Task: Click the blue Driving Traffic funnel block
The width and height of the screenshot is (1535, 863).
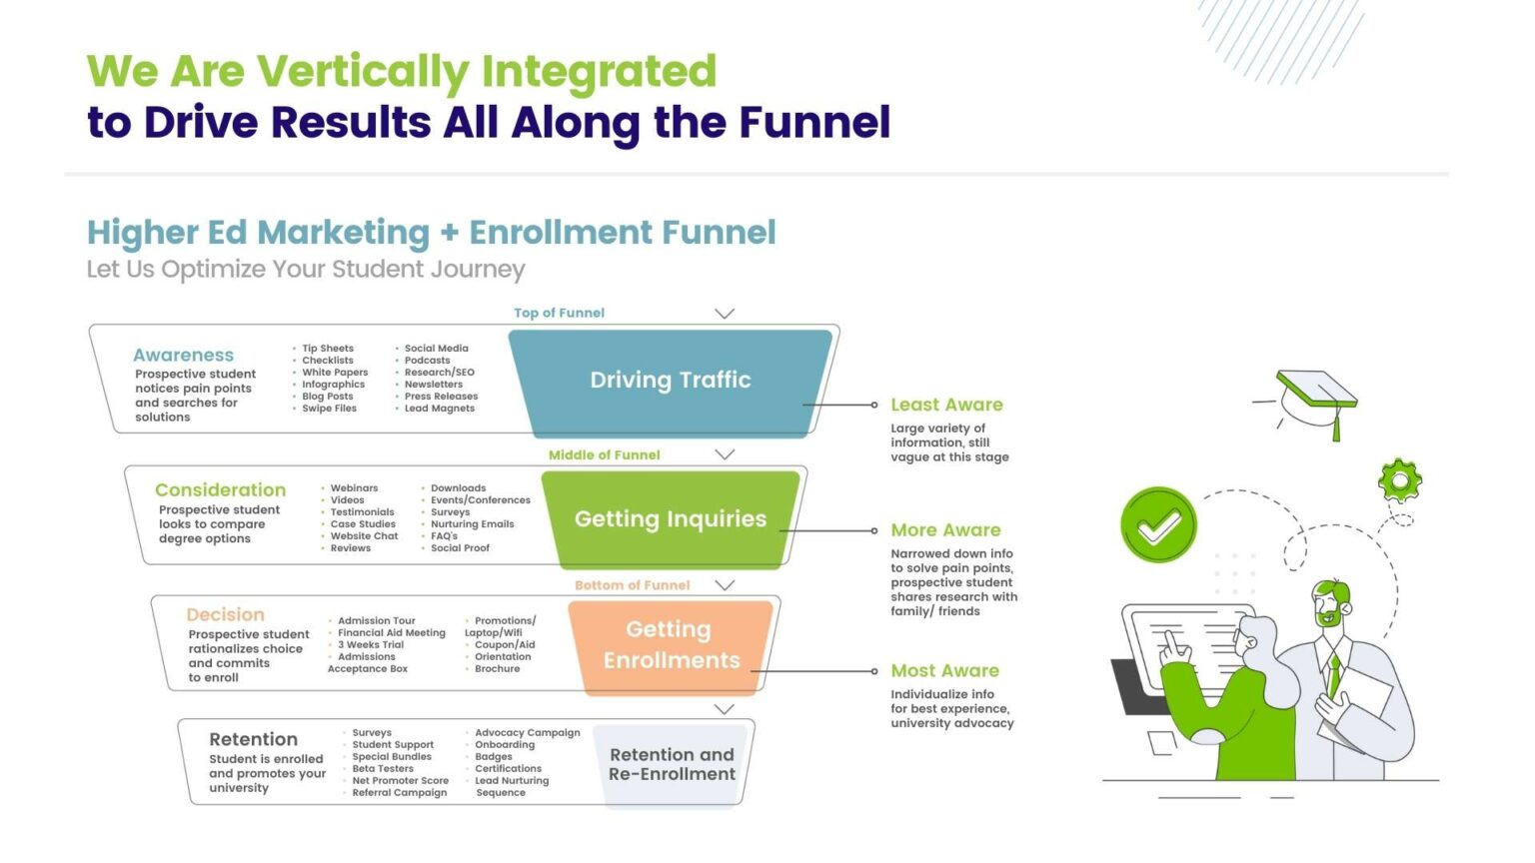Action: [x=670, y=381]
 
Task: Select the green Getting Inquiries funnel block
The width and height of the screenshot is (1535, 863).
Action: [x=670, y=519]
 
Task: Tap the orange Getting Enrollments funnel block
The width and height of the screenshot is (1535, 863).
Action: [x=671, y=645]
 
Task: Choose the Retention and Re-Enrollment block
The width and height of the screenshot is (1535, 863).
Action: [x=672, y=765]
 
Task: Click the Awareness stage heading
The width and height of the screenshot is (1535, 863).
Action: [x=183, y=356]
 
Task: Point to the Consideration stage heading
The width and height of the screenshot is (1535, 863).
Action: [x=220, y=490]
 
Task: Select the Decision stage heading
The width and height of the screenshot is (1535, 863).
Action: [x=225, y=615]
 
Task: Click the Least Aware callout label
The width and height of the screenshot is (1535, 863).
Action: [x=946, y=405]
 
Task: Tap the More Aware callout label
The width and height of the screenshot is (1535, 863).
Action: [x=945, y=530]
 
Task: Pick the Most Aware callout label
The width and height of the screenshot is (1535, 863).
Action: [x=944, y=671]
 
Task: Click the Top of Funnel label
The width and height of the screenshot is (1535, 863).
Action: [x=559, y=313]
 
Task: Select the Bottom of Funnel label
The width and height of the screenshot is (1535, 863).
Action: [x=632, y=585]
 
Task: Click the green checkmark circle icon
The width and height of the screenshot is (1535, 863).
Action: [x=1158, y=525]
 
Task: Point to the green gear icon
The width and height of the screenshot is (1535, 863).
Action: [x=1399, y=481]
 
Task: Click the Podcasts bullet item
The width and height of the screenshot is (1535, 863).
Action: [x=427, y=361]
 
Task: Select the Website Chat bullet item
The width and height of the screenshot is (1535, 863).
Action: [x=364, y=536]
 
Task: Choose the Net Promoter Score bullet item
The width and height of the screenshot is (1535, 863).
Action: [x=400, y=781]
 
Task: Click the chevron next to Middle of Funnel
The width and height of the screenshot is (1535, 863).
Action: [x=725, y=454]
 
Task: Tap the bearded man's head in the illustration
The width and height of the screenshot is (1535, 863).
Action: [x=1331, y=603]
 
